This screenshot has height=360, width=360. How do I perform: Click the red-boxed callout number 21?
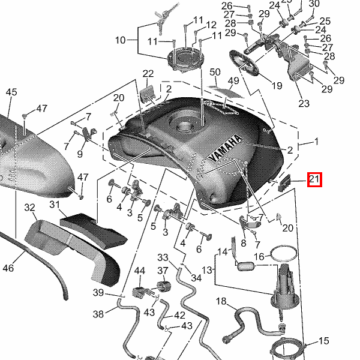pyautogui.click(x=314, y=179)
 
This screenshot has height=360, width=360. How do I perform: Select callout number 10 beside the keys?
pyautogui.click(x=121, y=40)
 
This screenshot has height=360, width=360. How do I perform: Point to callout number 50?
pyautogui.click(x=215, y=73)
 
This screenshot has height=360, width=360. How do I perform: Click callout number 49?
pyautogui.click(x=233, y=80)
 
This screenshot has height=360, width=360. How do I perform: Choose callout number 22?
pyautogui.click(x=148, y=74)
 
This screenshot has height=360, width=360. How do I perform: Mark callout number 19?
pyautogui.click(x=276, y=86)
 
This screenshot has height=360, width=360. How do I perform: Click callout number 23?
pyautogui.click(x=304, y=103)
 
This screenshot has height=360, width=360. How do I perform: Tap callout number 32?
pyautogui.click(x=30, y=208)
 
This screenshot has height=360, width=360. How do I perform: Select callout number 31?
pyautogui.click(x=55, y=205)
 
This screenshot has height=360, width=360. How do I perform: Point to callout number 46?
pyautogui.click(x=8, y=268)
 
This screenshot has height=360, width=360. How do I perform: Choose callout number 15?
pyautogui.click(x=324, y=341)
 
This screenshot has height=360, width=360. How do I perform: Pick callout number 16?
pyautogui.click(x=259, y=256)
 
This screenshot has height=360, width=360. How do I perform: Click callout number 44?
pyautogui.click(x=140, y=272)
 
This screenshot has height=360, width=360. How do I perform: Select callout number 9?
pyautogui.click(x=80, y=154)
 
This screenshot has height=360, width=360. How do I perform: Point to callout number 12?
pyautogui.click(x=211, y=25)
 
